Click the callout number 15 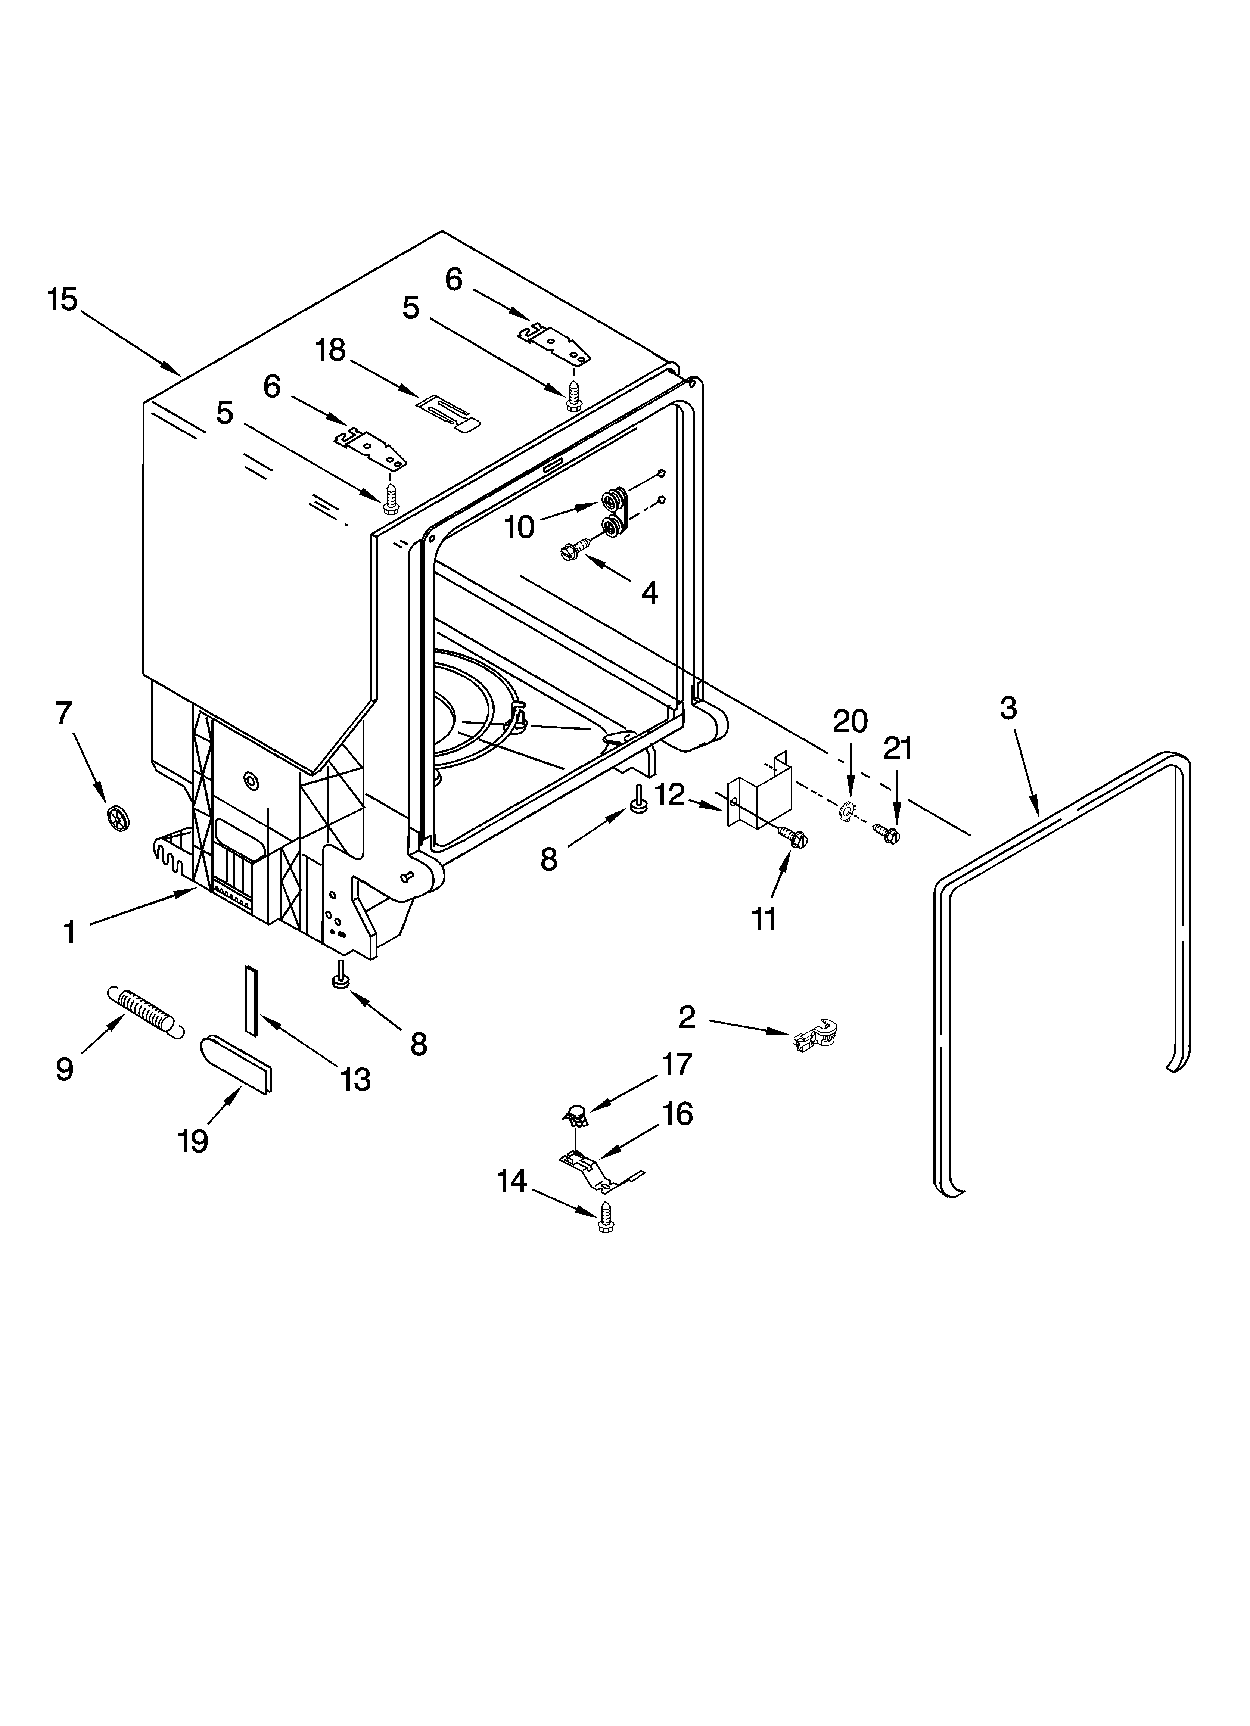(x=62, y=300)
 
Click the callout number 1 (x=69, y=932)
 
